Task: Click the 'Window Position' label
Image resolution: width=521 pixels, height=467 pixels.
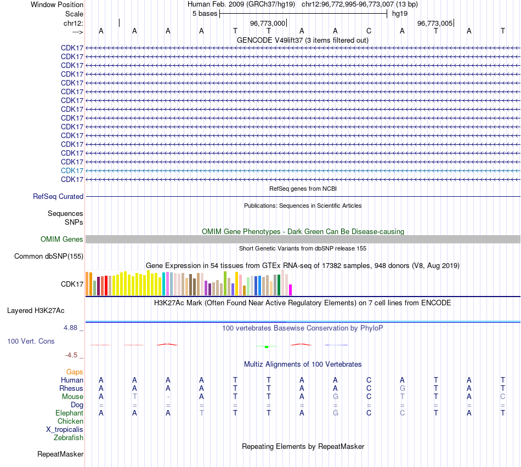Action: [x=57, y=4]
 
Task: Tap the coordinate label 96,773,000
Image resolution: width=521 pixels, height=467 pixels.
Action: [x=268, y=23]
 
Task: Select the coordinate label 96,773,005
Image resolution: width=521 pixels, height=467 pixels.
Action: [x=435, y=23]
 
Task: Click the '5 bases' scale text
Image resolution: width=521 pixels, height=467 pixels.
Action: [x=205, y=14]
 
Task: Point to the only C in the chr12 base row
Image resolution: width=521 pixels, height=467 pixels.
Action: [x=369, y=31]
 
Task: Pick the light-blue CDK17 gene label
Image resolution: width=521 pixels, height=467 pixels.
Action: [x=72, y=170]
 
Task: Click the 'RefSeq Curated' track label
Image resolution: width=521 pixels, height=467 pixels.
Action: [x=58, y=196]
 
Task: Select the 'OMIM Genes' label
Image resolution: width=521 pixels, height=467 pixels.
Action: [x=62, y=239]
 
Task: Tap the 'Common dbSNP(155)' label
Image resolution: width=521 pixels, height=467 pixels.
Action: [x=49, y=256]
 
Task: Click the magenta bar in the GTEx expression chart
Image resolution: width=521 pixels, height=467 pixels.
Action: [x=291, y=289]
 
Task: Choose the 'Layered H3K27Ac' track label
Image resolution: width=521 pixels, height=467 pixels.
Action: [x=36, y=310]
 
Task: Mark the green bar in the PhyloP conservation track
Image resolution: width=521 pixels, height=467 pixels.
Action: [x=266, y=347]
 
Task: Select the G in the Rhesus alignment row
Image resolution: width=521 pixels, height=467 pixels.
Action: [x=403, y=388]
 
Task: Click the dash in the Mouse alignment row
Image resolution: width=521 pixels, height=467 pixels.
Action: [x=168, y=396]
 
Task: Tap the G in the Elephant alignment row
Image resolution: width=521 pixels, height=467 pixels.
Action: [x=336, y=413]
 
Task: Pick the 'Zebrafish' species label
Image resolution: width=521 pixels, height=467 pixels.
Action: [x=69, y=437]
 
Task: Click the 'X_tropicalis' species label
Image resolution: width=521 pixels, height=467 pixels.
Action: [x=65, y=429]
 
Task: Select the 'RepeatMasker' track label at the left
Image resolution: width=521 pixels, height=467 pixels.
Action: [x=60, y=454]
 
